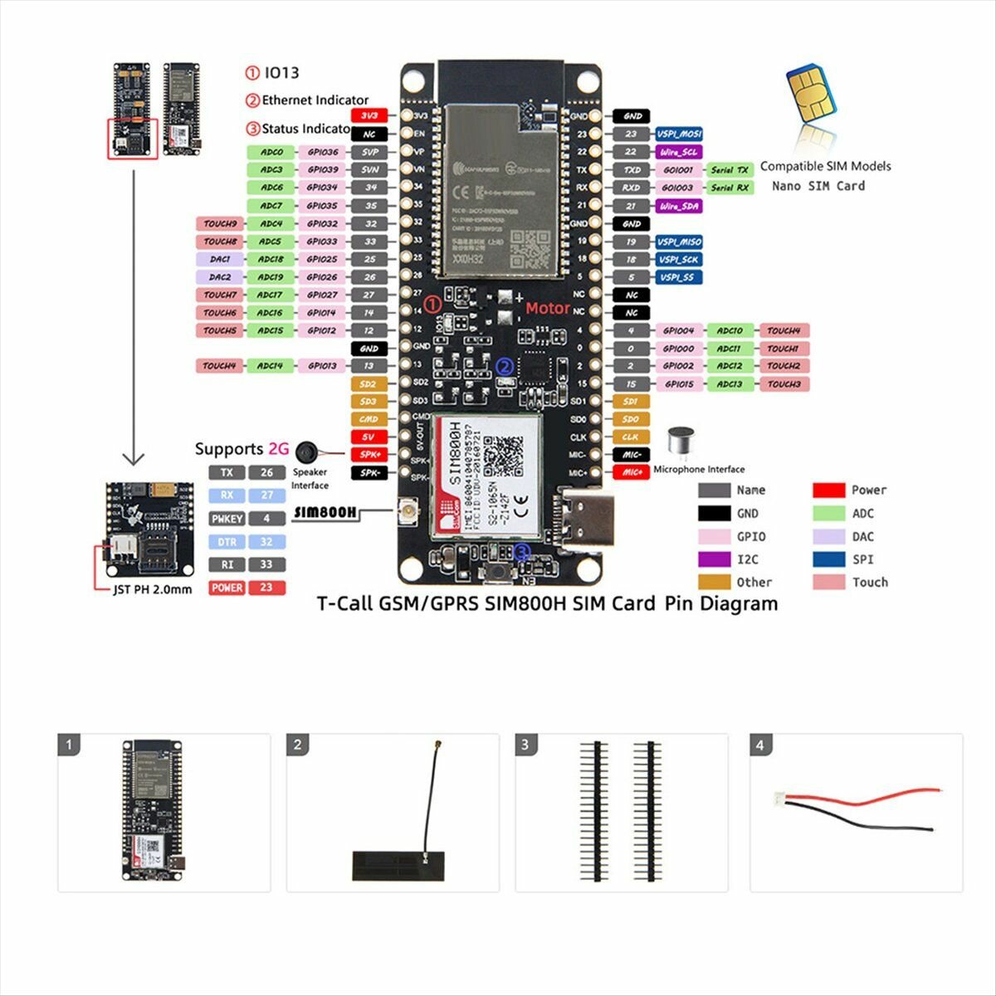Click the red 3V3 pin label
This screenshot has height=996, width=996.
pos(369,116)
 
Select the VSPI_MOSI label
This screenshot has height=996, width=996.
pos(679,134)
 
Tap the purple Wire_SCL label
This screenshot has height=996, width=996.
pos(679,152)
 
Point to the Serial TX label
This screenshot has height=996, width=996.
pos(730,170)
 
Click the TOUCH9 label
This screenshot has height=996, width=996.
pos(220,224)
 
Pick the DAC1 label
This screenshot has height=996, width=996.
pos(220,260)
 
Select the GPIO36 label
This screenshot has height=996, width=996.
pos(322,153)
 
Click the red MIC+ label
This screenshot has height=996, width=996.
pos(632,472)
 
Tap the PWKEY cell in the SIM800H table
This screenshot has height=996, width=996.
pos(227,519)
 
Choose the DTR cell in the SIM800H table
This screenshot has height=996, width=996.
pos(227,542)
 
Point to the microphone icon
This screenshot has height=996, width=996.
pos(681,442)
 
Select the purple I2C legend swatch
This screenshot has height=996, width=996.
pos(714,559)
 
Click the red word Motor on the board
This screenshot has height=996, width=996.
pos(548,309)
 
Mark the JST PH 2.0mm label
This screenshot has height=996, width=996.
pos(152,590)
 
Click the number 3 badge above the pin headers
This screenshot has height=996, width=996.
pos(525,745)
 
